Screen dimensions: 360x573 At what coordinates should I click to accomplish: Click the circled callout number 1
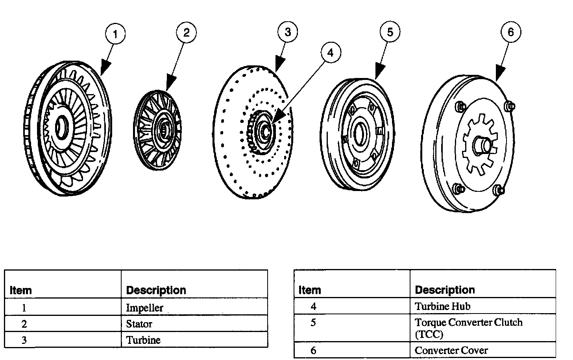click(115, 35)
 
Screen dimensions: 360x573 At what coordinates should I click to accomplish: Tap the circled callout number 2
click(186, 33)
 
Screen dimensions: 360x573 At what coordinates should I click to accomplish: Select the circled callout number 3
click(288, 32)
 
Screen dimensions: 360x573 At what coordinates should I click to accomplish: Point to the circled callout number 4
click(330, 52)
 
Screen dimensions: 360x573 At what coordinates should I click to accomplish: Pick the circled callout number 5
click(390, 32)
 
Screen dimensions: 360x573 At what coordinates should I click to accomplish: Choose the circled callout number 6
click(510, 32)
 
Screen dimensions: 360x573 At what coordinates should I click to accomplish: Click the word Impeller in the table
click(144, 308)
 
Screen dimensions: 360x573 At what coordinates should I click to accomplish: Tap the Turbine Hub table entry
click(442, 306)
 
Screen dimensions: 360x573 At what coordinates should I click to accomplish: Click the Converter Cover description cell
click(451, 350)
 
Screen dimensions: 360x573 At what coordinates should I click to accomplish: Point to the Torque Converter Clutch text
click(468, 323)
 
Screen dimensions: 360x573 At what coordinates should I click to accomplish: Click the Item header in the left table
click(20, 291)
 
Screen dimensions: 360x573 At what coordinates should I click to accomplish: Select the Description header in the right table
click(445, 290)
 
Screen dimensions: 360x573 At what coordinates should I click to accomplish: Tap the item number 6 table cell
click(313, 350)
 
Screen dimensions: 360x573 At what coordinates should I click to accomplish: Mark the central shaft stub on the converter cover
click(484, 146)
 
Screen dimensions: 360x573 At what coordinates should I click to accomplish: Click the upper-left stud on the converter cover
click(459, 106)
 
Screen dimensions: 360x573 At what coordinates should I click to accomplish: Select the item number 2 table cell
click(24, 324)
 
